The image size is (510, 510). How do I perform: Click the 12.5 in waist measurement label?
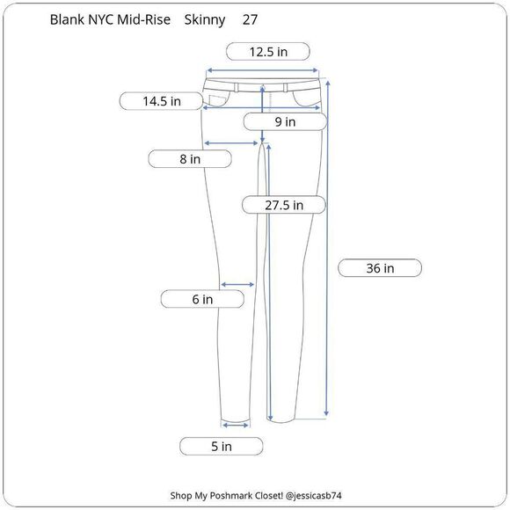(x=268, y=52)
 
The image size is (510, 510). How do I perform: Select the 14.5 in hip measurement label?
(x=161, y=101)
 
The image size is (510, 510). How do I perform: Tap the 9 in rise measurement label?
(x=285, y=122)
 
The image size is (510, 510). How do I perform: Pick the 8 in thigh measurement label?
(x=190, y=159)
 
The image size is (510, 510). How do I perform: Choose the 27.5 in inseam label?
(x=284, y=205)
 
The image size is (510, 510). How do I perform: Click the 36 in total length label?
(x=380, y=268)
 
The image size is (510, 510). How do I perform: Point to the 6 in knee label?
(x=202, y=299)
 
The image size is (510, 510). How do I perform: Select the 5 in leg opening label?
(x=222, y=447)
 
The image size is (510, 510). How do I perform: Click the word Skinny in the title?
(x=205, y=20)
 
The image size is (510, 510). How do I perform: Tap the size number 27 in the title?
(x=250, y=20)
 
